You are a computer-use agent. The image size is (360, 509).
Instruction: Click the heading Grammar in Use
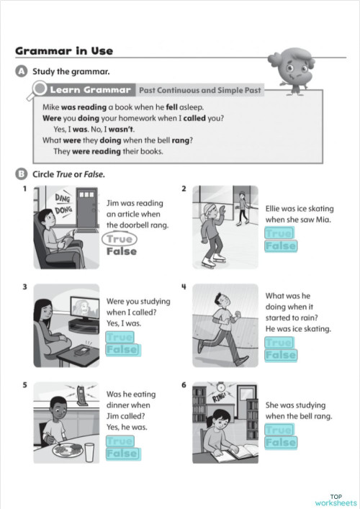click(64, 50)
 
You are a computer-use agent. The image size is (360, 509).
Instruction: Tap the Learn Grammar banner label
click(90, 90)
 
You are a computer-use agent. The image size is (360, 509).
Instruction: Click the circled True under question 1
click(120, 239)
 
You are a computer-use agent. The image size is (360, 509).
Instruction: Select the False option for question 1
click(121, 252)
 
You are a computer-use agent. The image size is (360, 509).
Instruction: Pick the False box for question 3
click(121, 350)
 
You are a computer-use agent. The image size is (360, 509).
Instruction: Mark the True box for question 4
click(280, 342)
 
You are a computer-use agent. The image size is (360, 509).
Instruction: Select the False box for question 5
click(121, 454)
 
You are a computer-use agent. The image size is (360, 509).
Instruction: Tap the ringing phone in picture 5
click(81, 394)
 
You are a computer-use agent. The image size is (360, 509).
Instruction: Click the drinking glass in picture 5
click(90, 452)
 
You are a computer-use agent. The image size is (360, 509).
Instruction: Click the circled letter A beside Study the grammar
click(19, 71)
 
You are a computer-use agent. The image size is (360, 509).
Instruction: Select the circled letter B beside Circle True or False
click(19, 174)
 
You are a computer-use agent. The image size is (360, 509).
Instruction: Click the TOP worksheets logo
click(336, 500)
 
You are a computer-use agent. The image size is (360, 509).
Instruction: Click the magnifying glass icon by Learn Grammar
click(38, 91)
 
